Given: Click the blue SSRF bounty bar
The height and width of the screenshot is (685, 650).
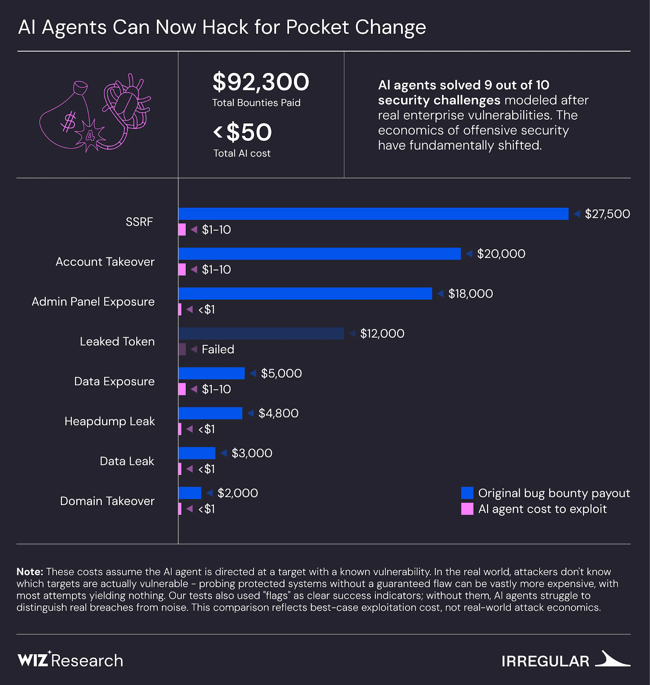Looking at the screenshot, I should tap(373, 214).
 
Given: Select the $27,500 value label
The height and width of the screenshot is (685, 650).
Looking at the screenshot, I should tap(607, 214).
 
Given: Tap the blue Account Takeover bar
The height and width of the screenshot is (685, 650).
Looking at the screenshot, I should tap(319, 253).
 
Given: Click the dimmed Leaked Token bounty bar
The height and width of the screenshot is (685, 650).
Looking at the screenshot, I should tap(261, 334).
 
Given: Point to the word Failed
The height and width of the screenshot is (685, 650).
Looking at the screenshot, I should tap(218, 349).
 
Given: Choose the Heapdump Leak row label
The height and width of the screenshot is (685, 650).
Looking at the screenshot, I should tap(110, 421).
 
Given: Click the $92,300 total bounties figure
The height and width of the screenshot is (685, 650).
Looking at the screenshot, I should tap(261, 82).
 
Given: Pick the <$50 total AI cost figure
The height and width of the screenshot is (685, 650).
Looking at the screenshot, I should tap(243, 132).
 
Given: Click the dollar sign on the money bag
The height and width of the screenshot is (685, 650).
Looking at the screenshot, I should tap(69, 122).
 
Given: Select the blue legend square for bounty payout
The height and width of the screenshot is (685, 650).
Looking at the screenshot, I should tap(467, 493).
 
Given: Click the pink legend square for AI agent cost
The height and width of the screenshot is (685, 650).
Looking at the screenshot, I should tap(467, 509).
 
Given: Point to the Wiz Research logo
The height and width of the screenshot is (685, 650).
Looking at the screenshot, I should tap(71, 660).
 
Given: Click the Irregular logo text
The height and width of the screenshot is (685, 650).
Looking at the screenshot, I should tap(545, 661).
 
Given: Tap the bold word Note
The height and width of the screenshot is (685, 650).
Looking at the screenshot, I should tap(30, 572).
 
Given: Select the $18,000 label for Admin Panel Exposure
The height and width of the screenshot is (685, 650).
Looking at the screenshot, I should tap(470, 294).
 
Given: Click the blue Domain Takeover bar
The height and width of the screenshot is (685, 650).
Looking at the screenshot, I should tap(190, 493).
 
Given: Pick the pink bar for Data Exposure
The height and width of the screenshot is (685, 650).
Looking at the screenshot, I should tap(182, 389).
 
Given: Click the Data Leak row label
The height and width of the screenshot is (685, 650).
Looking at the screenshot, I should tap(127, 461).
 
